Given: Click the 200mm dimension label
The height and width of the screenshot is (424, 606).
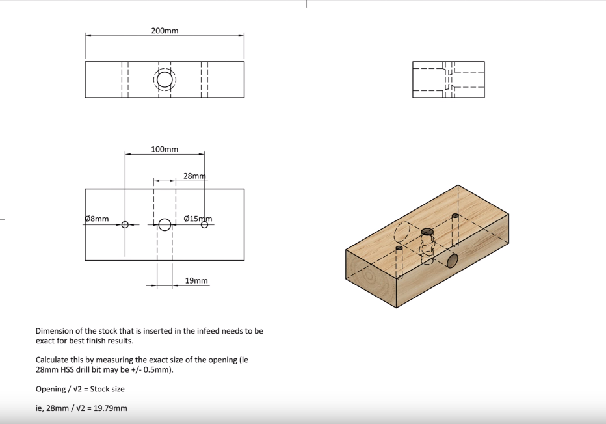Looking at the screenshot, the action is [x=165, y=31].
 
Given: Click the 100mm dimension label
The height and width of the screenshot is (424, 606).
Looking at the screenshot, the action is [x=165, y=149].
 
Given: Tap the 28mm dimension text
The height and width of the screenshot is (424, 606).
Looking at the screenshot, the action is [x=194, y=176].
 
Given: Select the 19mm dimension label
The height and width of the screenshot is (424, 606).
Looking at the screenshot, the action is [x=196, y=280].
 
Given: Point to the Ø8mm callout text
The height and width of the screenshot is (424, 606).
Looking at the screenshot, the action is [x=97, y=219].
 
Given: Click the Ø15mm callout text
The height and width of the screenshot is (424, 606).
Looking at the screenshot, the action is [x=198, y=219].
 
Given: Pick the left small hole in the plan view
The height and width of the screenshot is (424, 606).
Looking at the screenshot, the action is [x=125, y=224].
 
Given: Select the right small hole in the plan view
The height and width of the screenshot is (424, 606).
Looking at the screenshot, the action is [x=204, y=224].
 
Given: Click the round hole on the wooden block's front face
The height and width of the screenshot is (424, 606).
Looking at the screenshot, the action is [x=452, y=261].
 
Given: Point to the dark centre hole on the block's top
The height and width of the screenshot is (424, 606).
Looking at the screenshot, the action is [x=427, y=232].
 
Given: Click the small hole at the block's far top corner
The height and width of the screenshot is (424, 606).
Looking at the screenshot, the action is [x=455, y=215].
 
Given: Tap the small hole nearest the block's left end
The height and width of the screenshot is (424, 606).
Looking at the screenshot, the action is [x=399, y=248].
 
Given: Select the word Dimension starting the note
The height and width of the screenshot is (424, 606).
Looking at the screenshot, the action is [x=54, y=331].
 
